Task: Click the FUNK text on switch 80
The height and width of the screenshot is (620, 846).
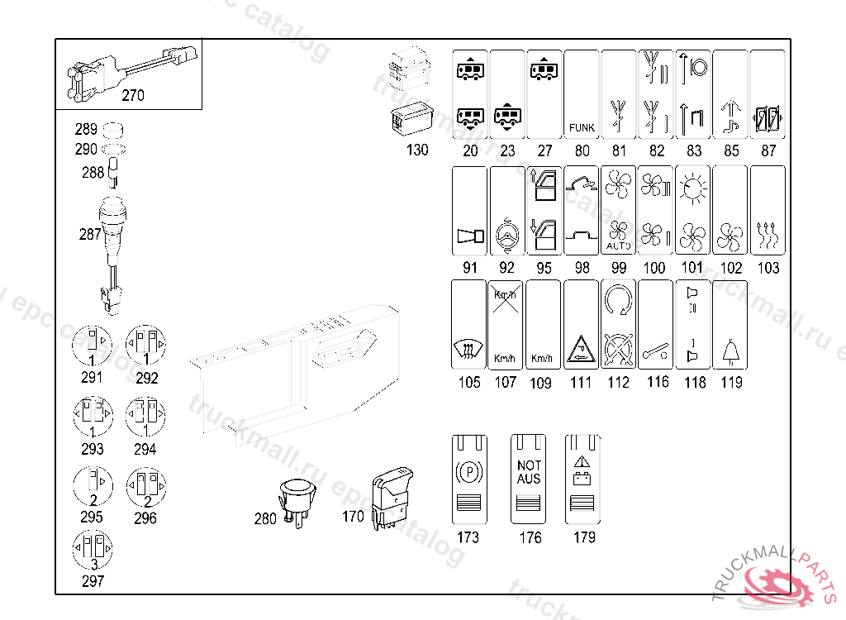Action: click(x=582, y=128)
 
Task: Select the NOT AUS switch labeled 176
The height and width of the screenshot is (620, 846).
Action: click(x=529, y=479)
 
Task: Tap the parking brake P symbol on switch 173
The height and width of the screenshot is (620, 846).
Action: click(x=468, y=473)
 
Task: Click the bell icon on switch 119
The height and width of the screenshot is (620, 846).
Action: click(x=730, y=353)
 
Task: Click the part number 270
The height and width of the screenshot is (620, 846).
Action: click(x=132, y=95)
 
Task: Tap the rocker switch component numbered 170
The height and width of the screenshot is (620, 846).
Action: click(x=391, y=495)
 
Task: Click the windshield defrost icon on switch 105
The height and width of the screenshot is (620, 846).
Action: click(x=468, y=353)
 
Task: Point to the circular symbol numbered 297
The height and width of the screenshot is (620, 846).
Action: click(x=93, y=550)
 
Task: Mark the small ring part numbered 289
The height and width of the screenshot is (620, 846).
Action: click(x=112, y=130)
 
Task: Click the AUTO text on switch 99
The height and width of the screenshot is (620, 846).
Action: click(x=618, y=246)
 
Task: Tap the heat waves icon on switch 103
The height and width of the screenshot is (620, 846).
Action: click(x=768, y=238)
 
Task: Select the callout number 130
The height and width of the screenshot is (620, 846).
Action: click(x=418, y=150)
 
